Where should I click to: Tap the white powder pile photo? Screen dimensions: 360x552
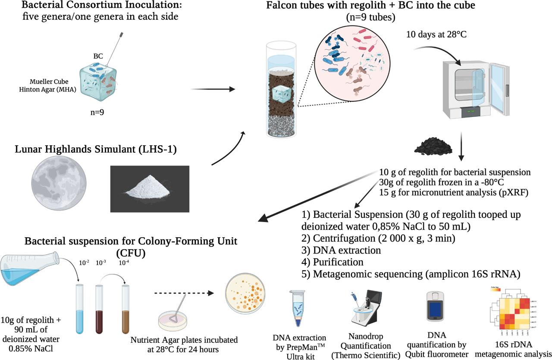tap(150, 185)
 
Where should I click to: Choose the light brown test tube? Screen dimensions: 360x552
tap(126, 309)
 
